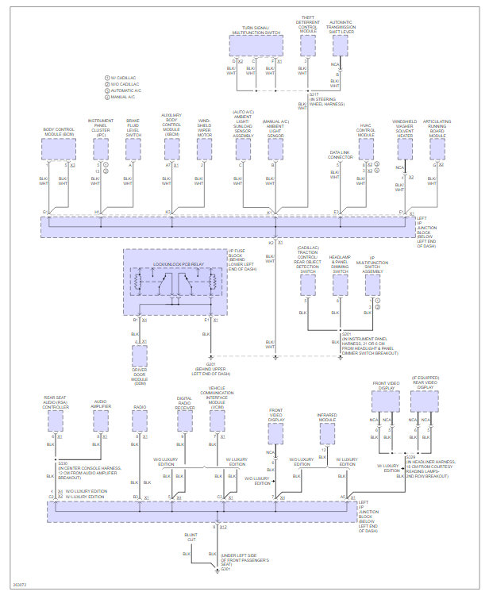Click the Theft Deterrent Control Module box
[308, 45]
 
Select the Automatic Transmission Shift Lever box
[340, 45]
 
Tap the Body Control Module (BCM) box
[59, 149]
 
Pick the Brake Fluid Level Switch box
[133, 149]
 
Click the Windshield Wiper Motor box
[206, 149]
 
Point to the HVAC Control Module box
[365, 149]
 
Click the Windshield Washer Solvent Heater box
[405, 149]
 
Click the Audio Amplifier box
[100, 421]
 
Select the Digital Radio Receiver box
[184, 421]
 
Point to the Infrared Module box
[327, 432]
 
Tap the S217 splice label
[314, 94]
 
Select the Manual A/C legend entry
[124, 97]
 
